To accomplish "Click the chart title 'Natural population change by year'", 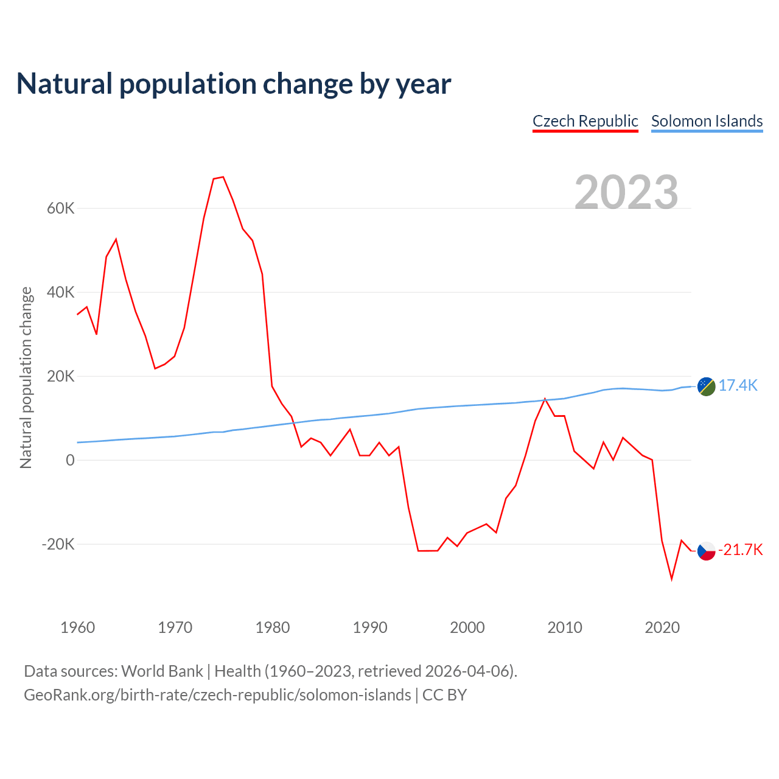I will (x=234, y=84).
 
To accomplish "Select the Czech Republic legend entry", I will (x=585, y=121).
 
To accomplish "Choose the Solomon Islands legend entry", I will (x=707, y=121).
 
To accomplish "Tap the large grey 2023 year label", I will (x=626, y=192).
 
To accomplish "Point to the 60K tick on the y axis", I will (x=61, y=209).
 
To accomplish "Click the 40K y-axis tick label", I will (x=61, y=293).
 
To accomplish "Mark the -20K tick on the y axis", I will (x=58, y=544).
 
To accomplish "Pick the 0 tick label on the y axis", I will (x=70, y=461).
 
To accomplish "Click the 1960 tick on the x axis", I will (x=78, y=627).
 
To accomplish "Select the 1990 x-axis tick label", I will (x=370, y=627).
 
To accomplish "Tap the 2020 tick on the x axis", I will (x=662, y=627).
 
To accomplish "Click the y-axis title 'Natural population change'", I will (x=26, y=377).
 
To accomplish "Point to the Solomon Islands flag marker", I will (x=706, y=386).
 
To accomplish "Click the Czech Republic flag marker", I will (x=706, y=551).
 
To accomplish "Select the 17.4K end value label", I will (x=738, y=385).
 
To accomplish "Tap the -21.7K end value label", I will (x=741, y=550).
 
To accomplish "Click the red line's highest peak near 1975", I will (x=223, y=177).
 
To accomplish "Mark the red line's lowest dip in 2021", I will (x=672, y=579).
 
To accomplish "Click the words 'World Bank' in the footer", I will (x=162, y=671).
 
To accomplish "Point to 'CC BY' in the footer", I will (x=444, y=695).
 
